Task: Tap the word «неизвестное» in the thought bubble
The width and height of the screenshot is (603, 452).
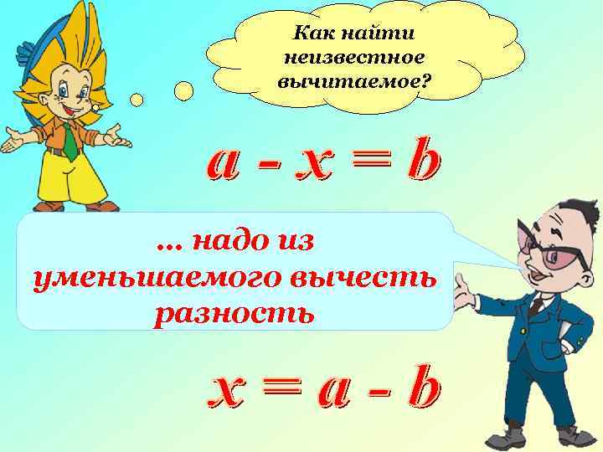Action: tap(354, 59)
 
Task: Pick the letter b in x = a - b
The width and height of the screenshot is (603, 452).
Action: tap(423, 390)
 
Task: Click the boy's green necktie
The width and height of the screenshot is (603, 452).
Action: tap(70, 145)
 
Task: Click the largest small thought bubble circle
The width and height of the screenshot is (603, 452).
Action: tap(183, 90)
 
